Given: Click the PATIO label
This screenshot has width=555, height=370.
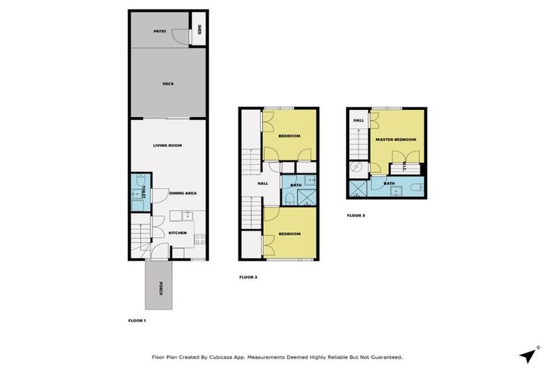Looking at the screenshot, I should [160, 31].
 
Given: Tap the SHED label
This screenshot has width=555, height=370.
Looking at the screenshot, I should [199, 30].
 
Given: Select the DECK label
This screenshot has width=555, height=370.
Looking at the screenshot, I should [168, 84].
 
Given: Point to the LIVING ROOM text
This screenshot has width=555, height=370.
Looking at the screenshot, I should [167, 145].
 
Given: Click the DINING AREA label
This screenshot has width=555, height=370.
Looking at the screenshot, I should [183, 193].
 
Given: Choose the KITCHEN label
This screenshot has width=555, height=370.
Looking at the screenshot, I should [178, 233].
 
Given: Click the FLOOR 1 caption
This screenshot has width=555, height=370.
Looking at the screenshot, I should [137, 319].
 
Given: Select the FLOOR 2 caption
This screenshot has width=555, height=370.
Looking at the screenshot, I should [248, 277].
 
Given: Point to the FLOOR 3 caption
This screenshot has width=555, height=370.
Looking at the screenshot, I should [356, 215].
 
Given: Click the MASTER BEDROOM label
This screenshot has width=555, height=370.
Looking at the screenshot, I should [395, 139].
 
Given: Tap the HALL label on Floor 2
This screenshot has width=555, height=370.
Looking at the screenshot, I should [262, 183].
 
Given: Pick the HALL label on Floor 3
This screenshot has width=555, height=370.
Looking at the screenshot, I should [358, 120].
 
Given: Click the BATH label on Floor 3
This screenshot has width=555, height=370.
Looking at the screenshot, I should [389, 184].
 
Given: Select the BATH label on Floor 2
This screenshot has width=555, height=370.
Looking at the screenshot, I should [296, 185].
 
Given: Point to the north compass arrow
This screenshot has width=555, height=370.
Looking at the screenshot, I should [529, 355].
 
